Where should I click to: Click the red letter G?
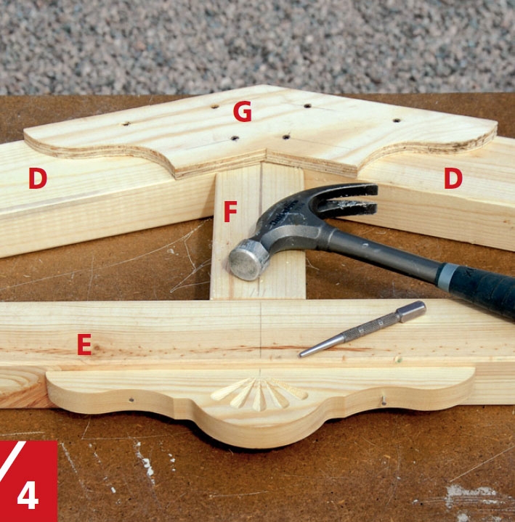242,111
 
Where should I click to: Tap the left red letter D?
38,178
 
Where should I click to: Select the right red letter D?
453,178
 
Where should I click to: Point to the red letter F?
230,211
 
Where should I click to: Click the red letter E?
84,345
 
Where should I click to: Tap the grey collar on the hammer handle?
446,276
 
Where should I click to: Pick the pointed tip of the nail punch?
301,355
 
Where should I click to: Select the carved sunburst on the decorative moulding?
259,393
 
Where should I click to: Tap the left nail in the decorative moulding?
131,399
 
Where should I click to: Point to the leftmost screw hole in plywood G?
126,123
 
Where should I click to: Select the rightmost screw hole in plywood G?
396,120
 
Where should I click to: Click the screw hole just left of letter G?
215,107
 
